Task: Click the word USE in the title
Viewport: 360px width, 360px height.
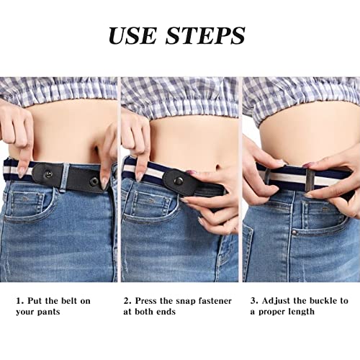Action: tap(137, 35)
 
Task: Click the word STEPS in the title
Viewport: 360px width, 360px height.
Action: tap(205, 35)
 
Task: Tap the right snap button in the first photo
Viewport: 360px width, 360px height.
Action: tap(94, 181)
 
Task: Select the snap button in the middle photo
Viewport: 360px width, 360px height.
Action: tap(178, 181)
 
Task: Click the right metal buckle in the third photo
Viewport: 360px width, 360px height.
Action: tap(309, 179)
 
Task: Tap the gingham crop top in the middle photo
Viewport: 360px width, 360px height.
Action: tap(180, 96)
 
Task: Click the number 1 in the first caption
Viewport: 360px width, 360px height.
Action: tap(19, 301)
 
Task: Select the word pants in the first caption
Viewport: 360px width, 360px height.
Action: tap(68, 312)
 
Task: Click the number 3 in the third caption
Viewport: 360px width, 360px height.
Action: tap(253, 301)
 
